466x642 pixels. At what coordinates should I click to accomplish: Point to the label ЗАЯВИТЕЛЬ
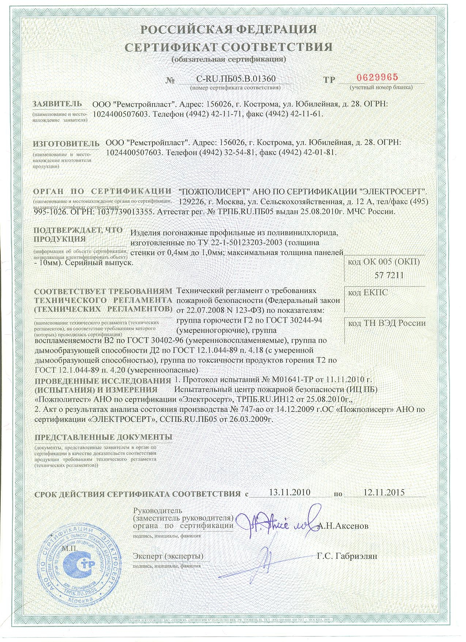57,104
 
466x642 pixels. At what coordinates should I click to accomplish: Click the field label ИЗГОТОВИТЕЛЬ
66,142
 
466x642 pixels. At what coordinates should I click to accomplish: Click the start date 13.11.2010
289,492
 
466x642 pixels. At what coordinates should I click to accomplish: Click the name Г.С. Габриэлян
347,556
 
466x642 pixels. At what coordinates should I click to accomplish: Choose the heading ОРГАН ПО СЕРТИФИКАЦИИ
102,191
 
